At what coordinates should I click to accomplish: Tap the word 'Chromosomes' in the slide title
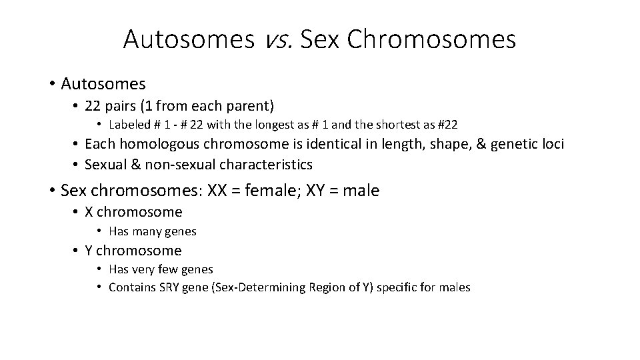click(432, 40)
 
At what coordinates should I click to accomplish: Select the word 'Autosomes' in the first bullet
click(103, 83)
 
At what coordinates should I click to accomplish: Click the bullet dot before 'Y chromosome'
click(75, 251)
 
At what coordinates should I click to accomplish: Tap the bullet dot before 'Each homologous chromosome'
click(75, 144)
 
